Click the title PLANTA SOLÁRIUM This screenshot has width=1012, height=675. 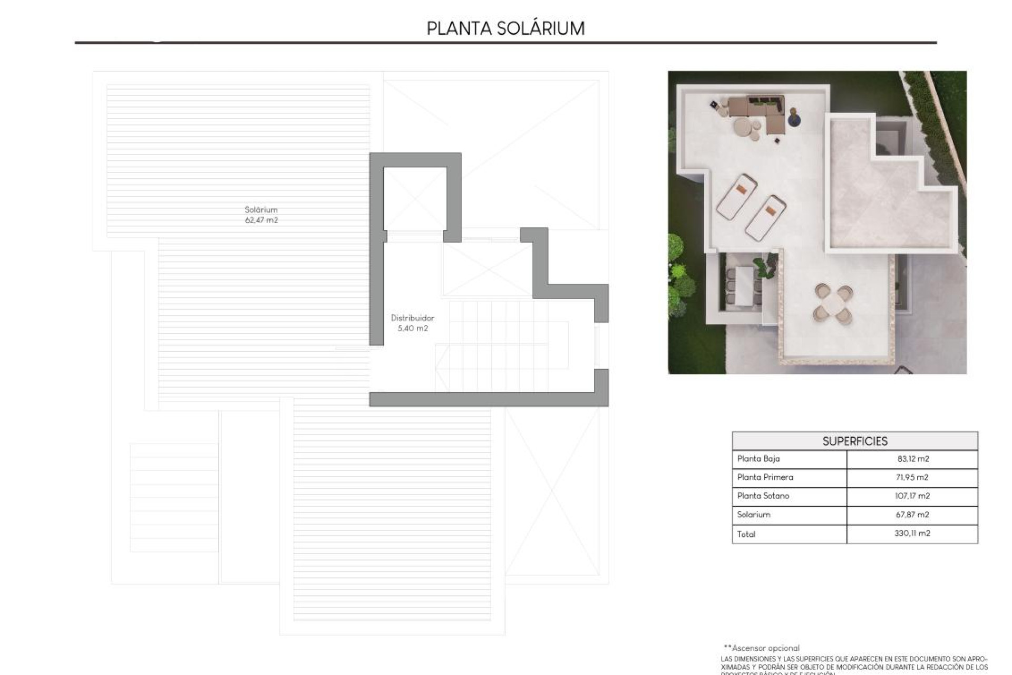pos(505,28)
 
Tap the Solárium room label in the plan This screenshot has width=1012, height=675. pos(261,210)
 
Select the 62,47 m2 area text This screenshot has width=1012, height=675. pos(261,220)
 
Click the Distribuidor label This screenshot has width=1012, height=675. pos(412,318)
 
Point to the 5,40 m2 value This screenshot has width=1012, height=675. pos(412,329)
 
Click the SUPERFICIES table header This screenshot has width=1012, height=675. pos(854,441)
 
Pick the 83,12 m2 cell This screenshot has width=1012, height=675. pos(913,459)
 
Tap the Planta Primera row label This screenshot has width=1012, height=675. pos(765,477)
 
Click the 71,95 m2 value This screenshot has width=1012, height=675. pos(913,477)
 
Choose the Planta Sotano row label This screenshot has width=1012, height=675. pos(763,496)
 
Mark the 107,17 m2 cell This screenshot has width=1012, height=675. pos(913,496)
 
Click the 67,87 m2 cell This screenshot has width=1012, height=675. pos(913,515)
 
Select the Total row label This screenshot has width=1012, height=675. pos(746,534)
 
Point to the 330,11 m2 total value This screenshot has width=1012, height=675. pos(912,534)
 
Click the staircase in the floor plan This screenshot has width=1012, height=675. pos(495,345)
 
